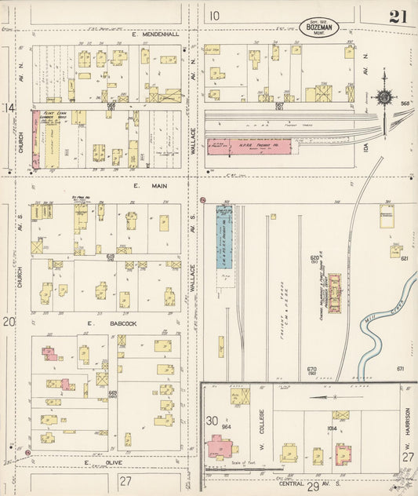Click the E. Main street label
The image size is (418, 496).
(x=145, y=187)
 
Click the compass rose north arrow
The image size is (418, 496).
(x=385, y=97)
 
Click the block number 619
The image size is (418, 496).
(x=111, y=257)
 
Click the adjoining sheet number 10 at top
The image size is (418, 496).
(x=214, y=14)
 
